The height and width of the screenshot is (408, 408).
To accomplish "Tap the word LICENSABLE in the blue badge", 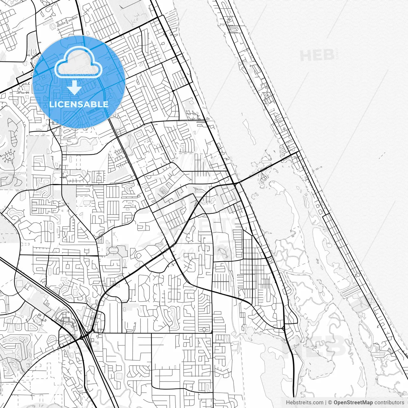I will click(79, 104).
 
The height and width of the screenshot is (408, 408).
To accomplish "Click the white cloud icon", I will click(78, 63).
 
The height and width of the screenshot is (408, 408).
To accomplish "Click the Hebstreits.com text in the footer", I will click(304, 403).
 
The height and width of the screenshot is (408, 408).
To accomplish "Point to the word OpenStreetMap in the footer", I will click(353, 403).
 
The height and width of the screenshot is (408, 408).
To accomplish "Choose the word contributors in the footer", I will click(389, 403).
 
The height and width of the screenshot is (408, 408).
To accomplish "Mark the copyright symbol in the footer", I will click(330, 403).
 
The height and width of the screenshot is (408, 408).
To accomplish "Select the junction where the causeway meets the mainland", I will click(235, 184).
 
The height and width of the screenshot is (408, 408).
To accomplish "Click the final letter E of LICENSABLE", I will click(106, 104).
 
